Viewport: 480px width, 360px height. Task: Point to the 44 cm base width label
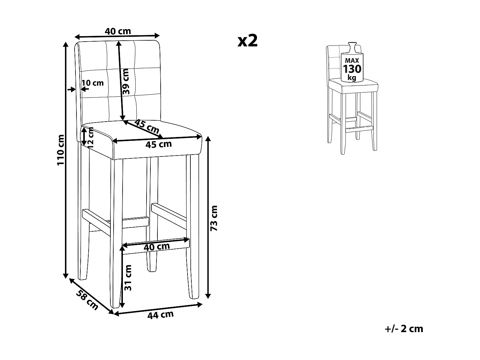point(160,315)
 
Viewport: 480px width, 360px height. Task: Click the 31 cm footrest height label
point(128,277)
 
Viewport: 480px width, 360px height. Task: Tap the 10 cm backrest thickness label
point(93,83)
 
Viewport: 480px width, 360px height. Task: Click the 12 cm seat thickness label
point(91,137)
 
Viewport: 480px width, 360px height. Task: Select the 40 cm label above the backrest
point(118,31)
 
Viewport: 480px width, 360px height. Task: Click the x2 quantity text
point(247,41)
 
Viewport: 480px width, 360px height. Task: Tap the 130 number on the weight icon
point(352,69)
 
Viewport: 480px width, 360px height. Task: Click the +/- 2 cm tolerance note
point(404,329)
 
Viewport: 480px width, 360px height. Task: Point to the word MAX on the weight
point(352,60)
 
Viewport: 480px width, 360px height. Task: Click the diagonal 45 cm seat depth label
point(147,126)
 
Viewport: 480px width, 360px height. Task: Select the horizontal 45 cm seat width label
point(158,144)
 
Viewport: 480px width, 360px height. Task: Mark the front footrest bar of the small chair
point(360,128)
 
